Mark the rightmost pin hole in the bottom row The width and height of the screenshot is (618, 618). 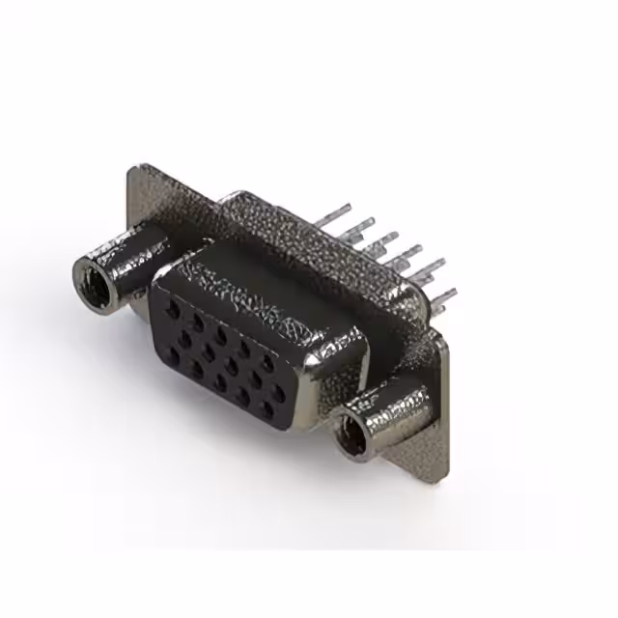pyautogui.click(x=267, y=407)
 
